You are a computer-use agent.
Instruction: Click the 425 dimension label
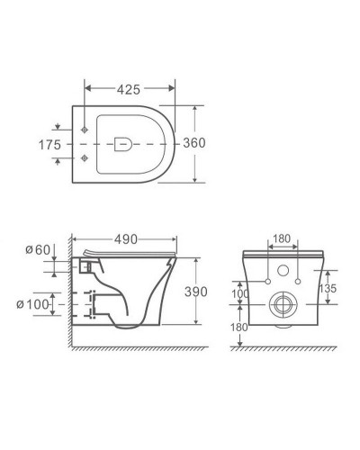129,89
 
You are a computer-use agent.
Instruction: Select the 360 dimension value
194,143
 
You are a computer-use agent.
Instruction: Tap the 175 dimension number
49,145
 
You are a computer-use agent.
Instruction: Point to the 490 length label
126,239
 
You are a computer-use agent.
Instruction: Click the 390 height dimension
196,292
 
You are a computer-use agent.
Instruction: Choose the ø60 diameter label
38,249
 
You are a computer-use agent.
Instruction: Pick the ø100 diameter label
32,304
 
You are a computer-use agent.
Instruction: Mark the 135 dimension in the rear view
328,288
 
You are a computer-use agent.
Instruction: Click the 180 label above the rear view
282,238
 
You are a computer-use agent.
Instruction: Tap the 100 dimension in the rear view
240,293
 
